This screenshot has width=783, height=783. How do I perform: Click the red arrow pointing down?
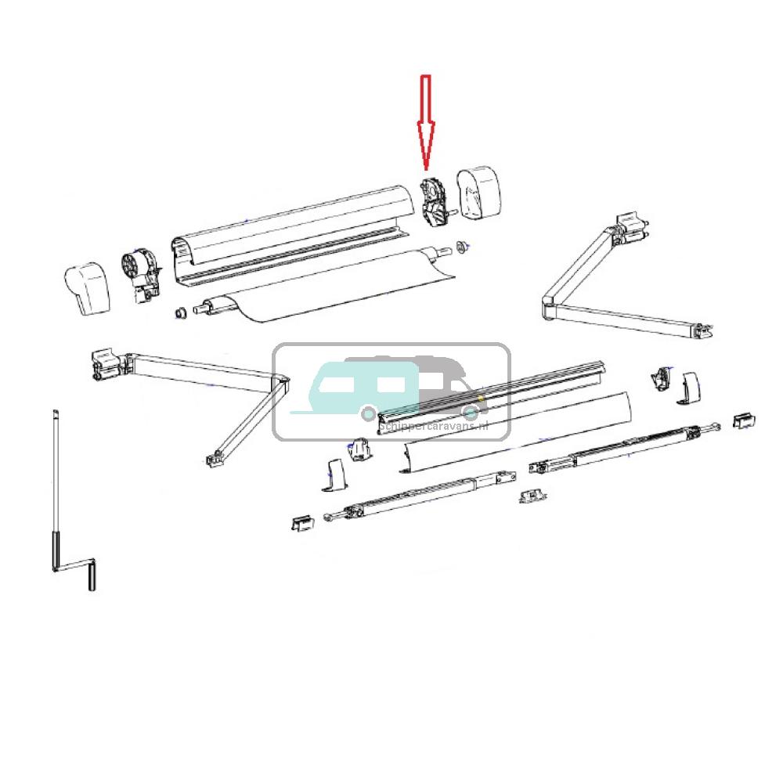pos(425,121)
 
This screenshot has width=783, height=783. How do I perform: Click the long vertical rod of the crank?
pos(56,478)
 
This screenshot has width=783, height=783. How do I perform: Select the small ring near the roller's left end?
pos(179,313)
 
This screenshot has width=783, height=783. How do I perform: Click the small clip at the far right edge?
pos(743,420)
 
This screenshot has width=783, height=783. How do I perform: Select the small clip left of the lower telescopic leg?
pos(300,523)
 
